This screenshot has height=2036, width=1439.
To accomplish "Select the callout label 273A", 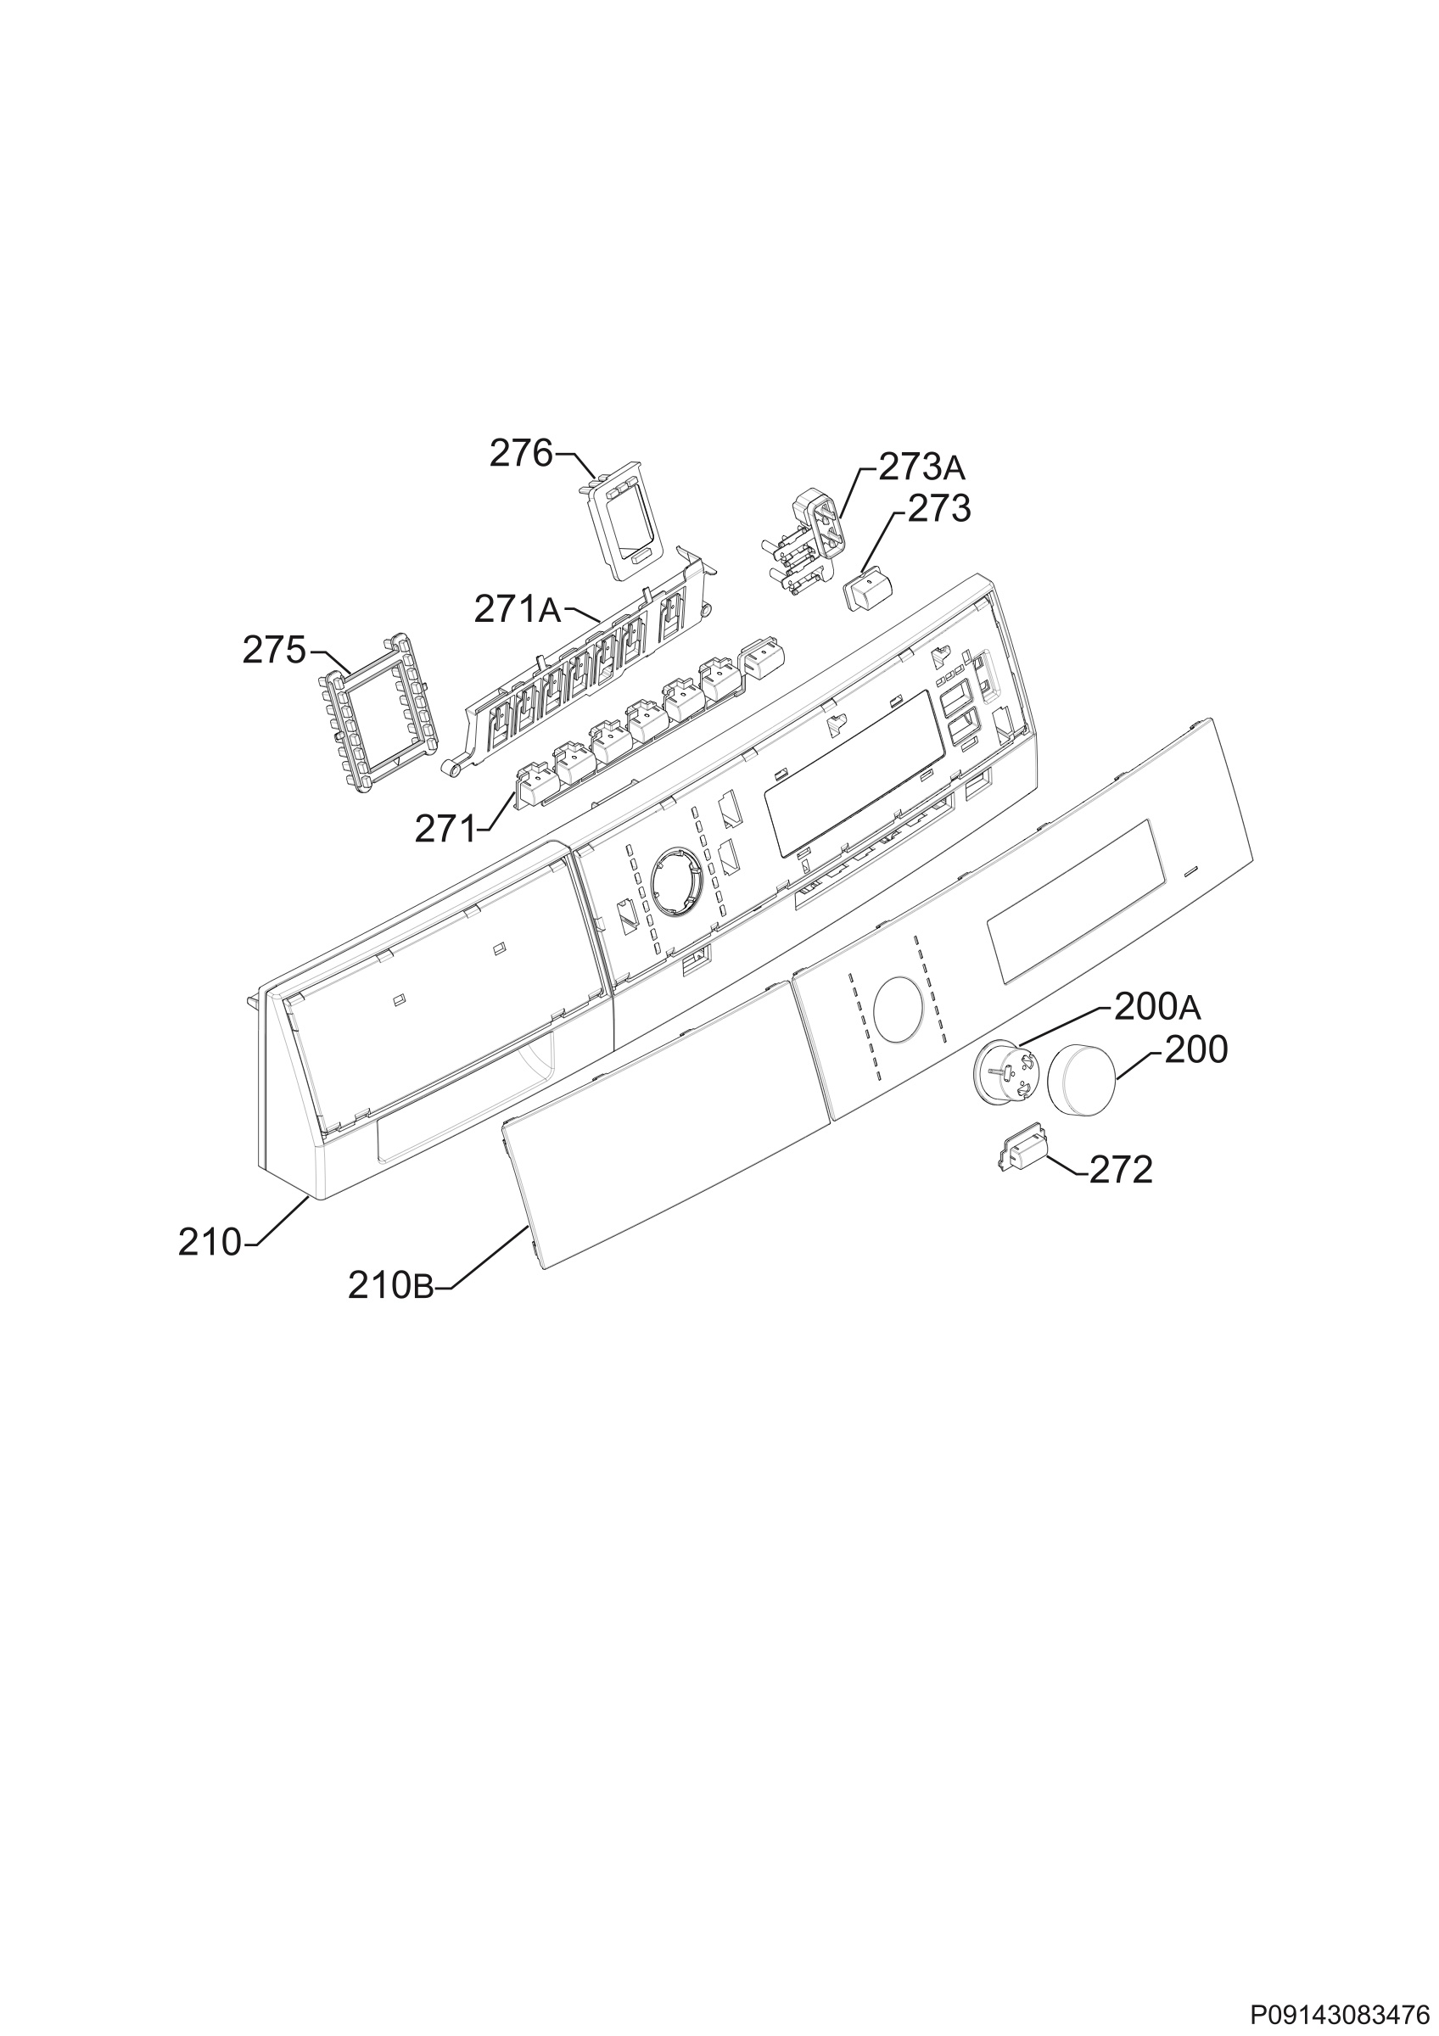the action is click(x=921, y=467).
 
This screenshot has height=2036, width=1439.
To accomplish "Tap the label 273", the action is click(x=939, y=509).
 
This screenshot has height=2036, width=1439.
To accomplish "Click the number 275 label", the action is click(x=275, y=651).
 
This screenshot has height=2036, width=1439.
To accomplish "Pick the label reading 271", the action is click(x=445, y=829).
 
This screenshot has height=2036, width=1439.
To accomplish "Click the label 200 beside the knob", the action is click(x=1195, y=1051).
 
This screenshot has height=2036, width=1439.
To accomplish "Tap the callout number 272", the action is click(x=1121, y=1171).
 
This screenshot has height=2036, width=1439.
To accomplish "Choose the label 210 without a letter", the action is click(x=210, y=1242).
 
